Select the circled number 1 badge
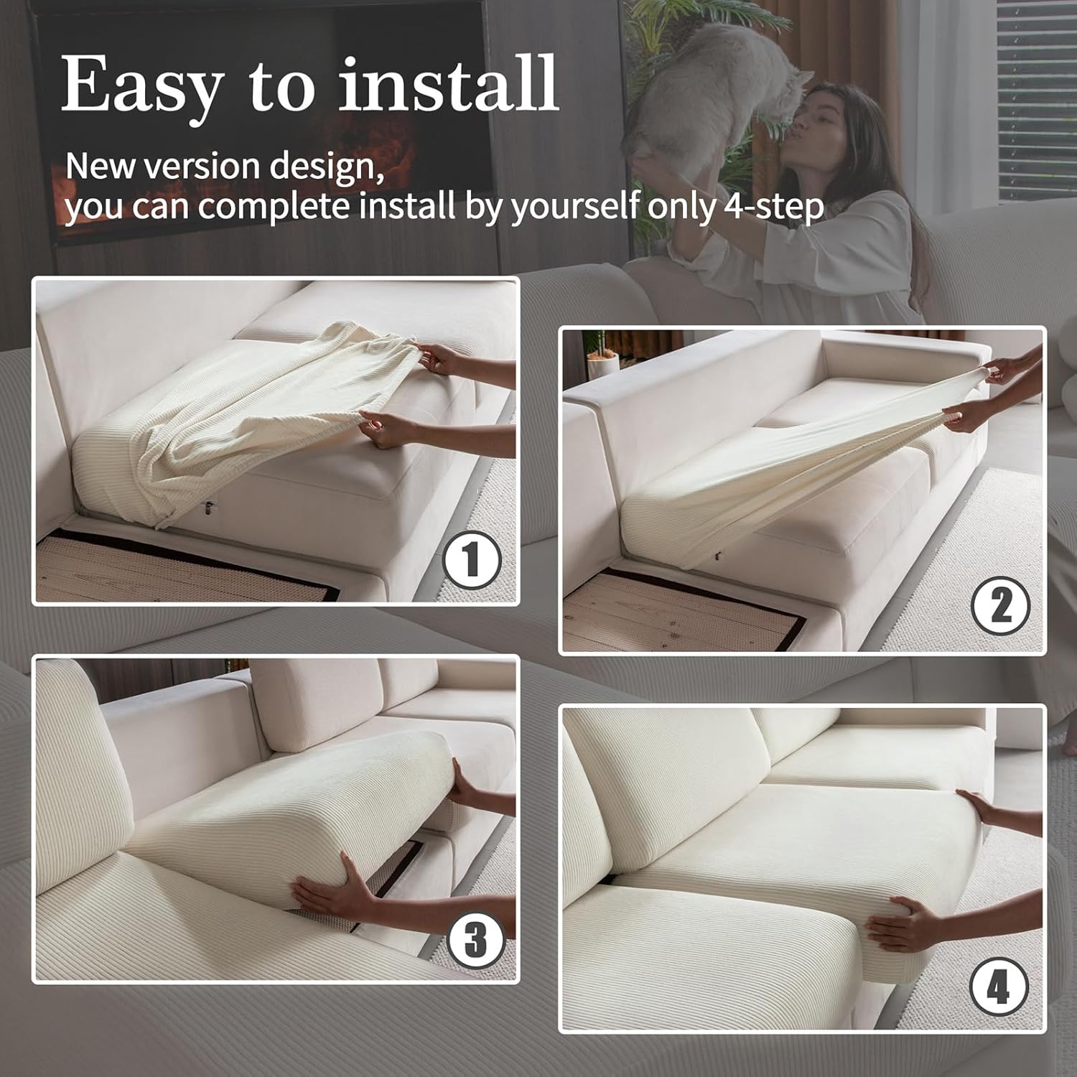click(470, 560)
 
